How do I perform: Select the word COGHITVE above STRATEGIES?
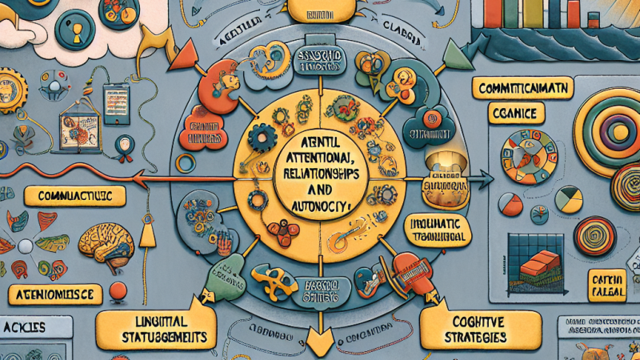coord(465,320)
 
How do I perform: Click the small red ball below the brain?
coord(118,290)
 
